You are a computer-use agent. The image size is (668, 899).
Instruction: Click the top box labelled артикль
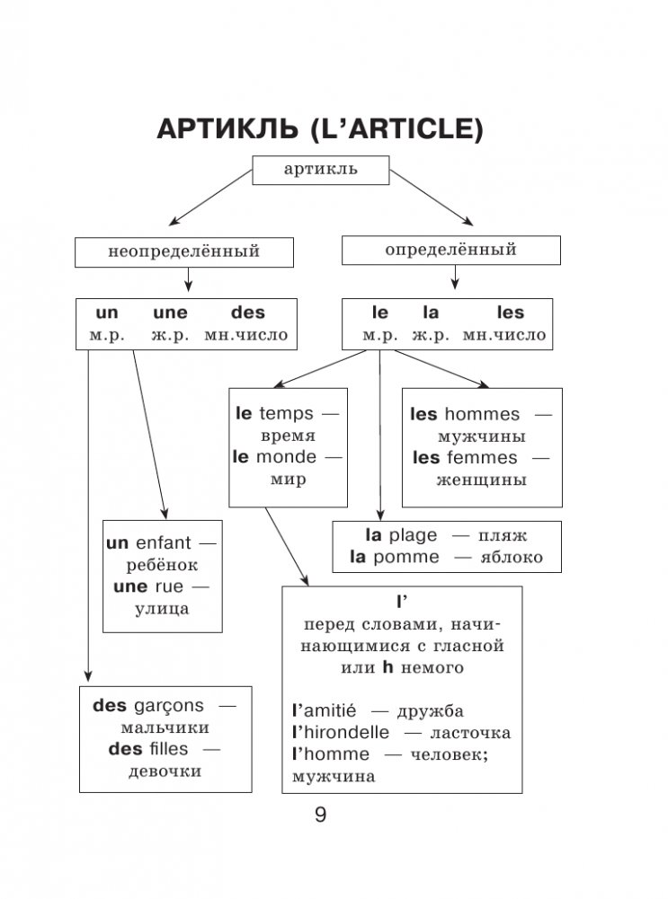[x=320, y=170]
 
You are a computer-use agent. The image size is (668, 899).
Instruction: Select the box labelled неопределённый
[x=183, y=251]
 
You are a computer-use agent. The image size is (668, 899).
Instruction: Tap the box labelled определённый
[x=450, y=250]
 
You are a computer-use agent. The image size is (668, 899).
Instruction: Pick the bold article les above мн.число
[x=510, y=313]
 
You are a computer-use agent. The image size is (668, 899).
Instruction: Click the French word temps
[x=287, y=414]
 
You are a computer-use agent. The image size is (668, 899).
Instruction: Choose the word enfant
[x=165, y=542]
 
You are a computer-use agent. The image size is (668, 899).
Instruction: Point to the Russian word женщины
[x=481, y=480]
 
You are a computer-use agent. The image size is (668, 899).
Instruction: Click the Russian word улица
[x=162, y=609]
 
